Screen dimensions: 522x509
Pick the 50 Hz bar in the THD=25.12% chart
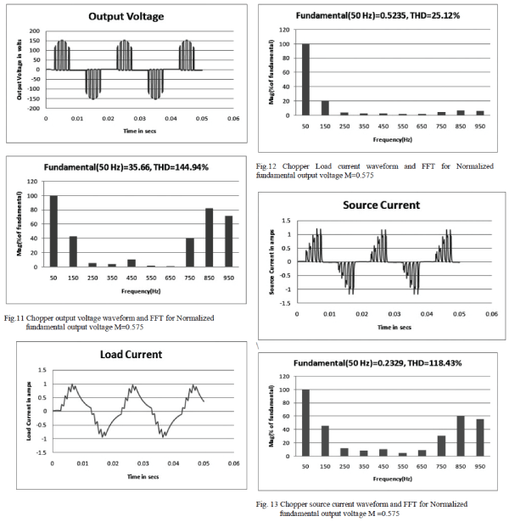(x=305, y=80)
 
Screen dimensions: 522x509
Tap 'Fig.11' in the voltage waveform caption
(x=16, y=317)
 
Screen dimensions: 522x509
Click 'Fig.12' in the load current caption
(x=268, y=166)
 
